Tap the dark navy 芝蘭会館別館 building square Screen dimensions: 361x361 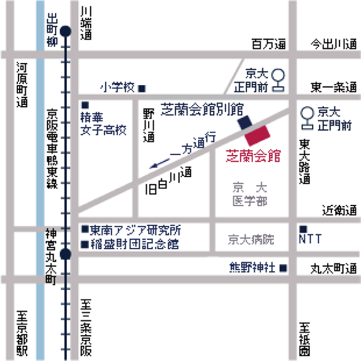246,121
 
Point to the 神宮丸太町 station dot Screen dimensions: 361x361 66,254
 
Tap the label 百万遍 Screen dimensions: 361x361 269,44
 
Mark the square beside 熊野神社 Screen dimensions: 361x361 283,268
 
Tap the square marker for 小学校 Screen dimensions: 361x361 141,88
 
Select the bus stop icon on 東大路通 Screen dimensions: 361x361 305,117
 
